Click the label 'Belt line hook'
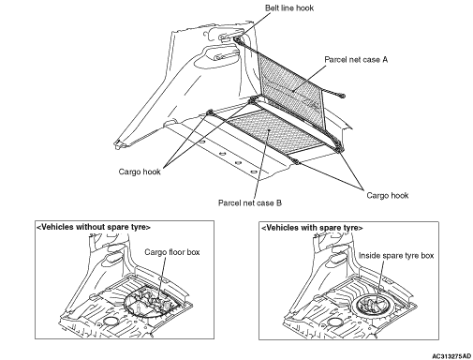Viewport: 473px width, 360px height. (x=289, y=8)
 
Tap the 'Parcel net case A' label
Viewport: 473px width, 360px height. (x=356, y=60)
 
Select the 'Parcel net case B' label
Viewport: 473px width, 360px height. (x=250, y=203)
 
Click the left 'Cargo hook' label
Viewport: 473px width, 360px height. (x=140, y=172)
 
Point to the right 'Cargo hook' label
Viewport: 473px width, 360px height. (x=388, y=196)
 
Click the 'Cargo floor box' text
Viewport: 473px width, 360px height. (x=172, y=252)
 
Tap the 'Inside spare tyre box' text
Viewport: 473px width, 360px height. (x=396, y=256)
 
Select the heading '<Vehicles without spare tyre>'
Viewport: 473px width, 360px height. (x=94, y=227)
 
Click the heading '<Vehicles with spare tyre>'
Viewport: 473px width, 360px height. (x=312, y=228)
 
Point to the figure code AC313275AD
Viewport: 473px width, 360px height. (x=451, y=356)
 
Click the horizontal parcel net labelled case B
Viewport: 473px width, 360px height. (x=274, y=130)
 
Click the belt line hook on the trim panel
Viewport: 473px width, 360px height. (x=237, y=39)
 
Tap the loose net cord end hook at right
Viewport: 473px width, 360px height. (x=342, y=96)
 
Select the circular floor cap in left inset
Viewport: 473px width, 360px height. (x=110, y=322)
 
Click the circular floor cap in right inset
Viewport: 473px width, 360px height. (x=333, y=322)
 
